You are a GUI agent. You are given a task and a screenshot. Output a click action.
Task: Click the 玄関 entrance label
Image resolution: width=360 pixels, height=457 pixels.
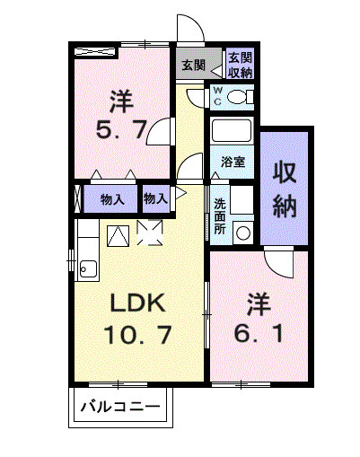point(192,65)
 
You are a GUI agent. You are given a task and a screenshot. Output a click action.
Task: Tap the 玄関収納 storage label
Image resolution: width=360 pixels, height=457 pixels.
point(239,65)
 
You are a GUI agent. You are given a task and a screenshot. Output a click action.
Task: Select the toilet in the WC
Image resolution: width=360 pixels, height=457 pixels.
point(239,96)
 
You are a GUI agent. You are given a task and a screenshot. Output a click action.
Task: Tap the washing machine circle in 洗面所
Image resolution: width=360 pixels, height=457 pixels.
point(242,231)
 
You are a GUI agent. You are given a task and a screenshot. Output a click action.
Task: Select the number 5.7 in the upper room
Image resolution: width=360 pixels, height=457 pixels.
point(123,130)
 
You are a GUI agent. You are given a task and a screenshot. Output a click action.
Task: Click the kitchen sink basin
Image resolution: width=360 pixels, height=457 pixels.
point(88,267)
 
